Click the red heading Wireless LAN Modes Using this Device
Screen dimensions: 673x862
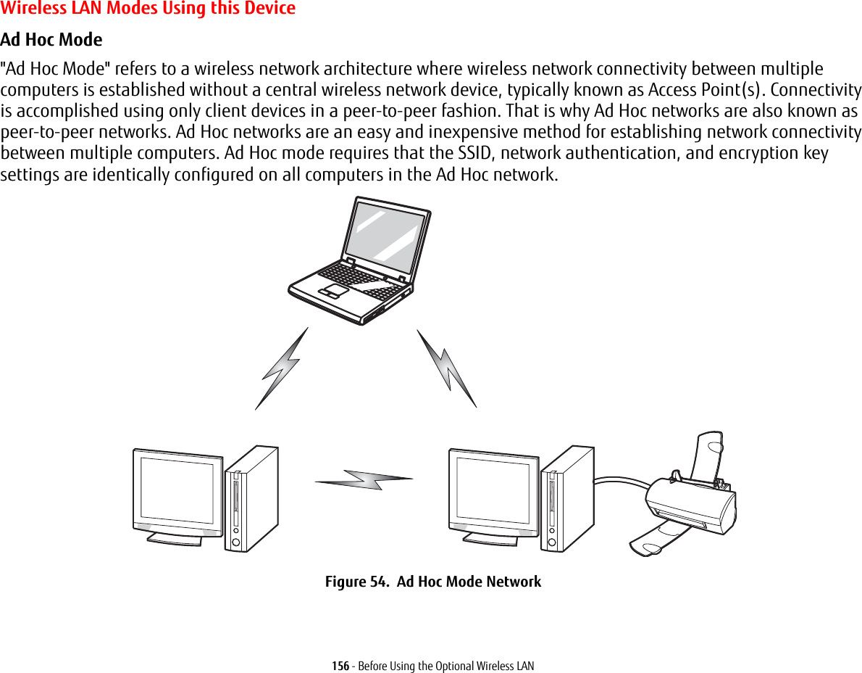point(148,9)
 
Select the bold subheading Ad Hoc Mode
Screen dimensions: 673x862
point(51,39)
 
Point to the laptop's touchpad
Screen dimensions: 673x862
point(336,290)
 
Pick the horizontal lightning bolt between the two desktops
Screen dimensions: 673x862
point(364,479)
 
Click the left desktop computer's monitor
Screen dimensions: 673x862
point(177,492)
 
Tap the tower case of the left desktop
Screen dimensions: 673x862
point(251,499)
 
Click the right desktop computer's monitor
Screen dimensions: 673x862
point(493,492)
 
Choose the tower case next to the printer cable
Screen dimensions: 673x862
point(566,499)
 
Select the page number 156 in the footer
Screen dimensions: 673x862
point(339,666)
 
